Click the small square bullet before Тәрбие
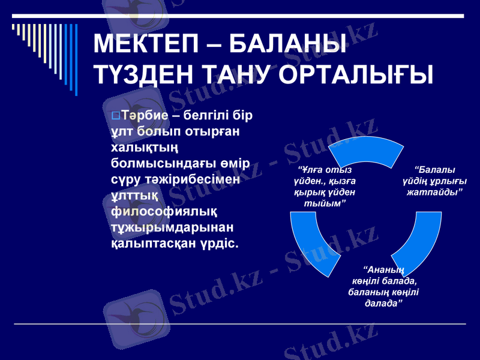pyautogui.click(x=116, y=115)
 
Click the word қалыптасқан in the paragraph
pyautogui.click(x=151, y=244)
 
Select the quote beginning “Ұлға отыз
pyautogui.click(x=324, y=187)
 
